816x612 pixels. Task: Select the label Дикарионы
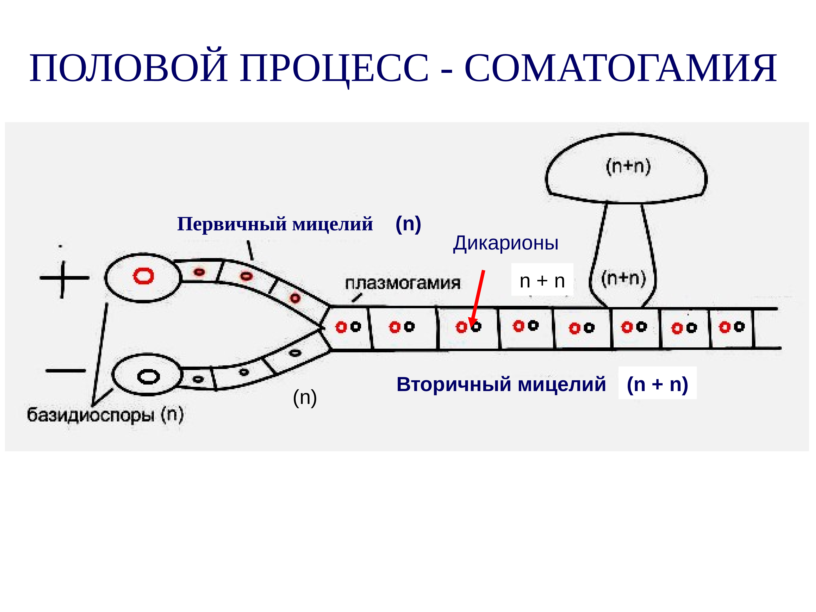pos(505,243)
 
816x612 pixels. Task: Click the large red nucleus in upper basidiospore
pos(143,276)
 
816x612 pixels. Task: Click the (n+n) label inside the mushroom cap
pos(628,167)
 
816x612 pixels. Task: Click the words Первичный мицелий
pos(275,224)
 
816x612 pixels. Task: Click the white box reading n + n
pos(542,281)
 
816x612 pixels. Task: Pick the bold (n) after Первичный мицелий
pos(408,224)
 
